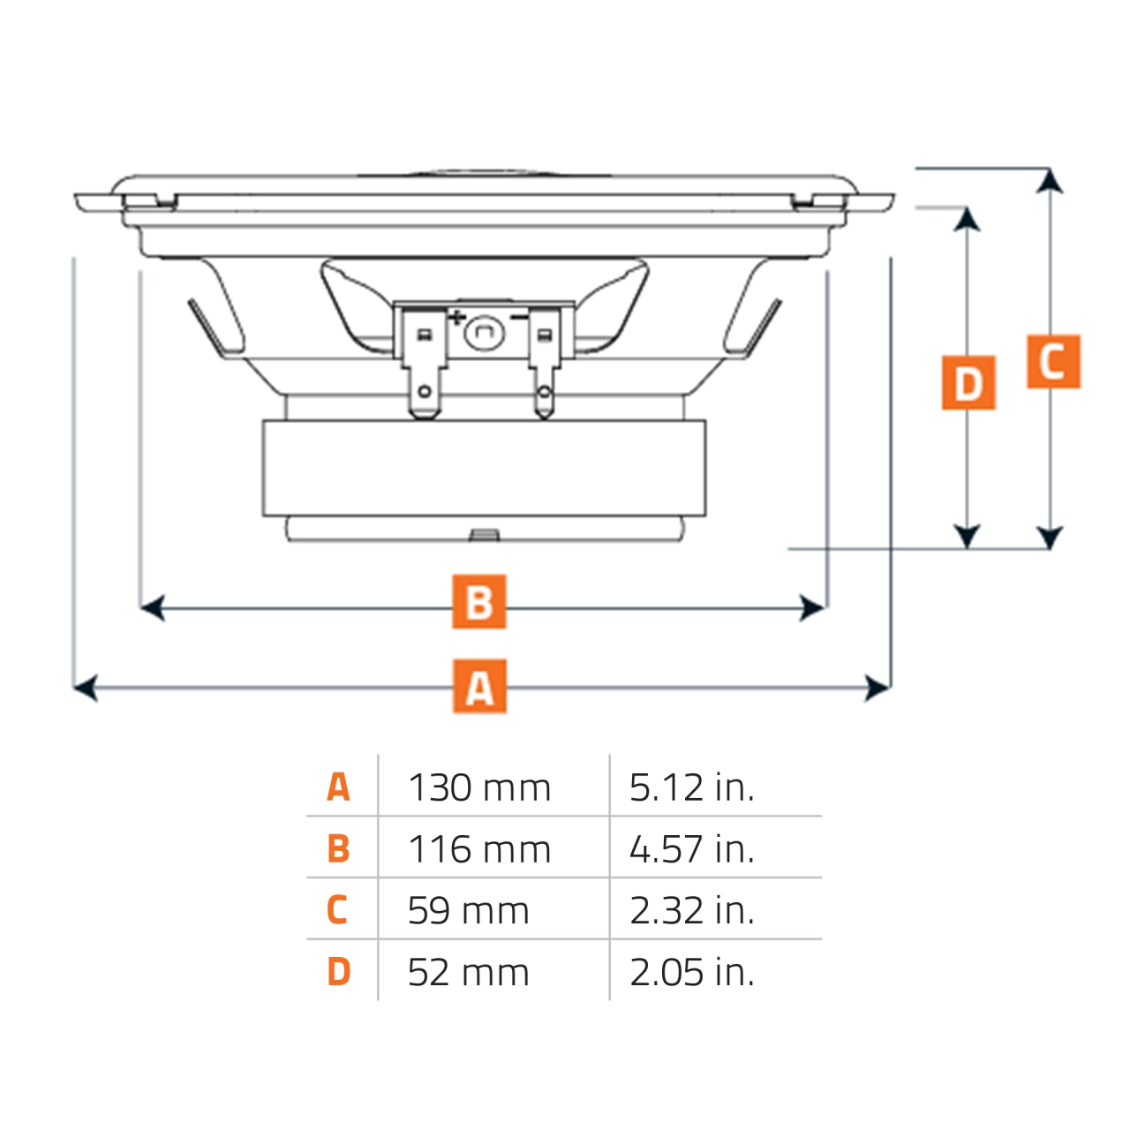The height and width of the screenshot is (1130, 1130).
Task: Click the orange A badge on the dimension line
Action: (x=479, y=686)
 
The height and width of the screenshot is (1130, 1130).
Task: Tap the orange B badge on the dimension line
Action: (x=479, y=602)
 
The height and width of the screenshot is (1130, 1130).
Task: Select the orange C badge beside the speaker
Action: (x=1053, y=362)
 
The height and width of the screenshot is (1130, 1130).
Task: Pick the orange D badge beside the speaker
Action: (x=968, y=383)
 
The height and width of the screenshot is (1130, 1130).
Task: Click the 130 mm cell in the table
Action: (x=479, y=787)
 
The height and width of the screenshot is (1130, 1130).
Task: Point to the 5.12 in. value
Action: (x=691, y=787)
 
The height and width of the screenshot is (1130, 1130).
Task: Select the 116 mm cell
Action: (x=479, y=849)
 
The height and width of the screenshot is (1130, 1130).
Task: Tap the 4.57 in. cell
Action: (x=691, y=849)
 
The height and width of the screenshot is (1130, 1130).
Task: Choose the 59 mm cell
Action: (x=468, y=910)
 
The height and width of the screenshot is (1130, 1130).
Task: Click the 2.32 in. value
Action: (x=691, y=910)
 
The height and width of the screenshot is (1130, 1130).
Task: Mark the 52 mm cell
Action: (x=468, y=972)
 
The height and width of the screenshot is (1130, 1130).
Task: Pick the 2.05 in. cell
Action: (x=691, y=972)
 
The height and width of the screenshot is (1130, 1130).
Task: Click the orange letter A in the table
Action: (x=338, y=787)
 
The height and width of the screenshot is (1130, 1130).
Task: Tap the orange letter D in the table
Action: (x=338, y=972)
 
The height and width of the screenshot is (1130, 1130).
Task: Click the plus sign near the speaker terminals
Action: (x=456, y=317)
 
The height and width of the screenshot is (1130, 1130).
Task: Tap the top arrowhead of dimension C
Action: (x=1050, y=180)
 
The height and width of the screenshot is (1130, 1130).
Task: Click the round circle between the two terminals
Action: (x=483, y=332)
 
